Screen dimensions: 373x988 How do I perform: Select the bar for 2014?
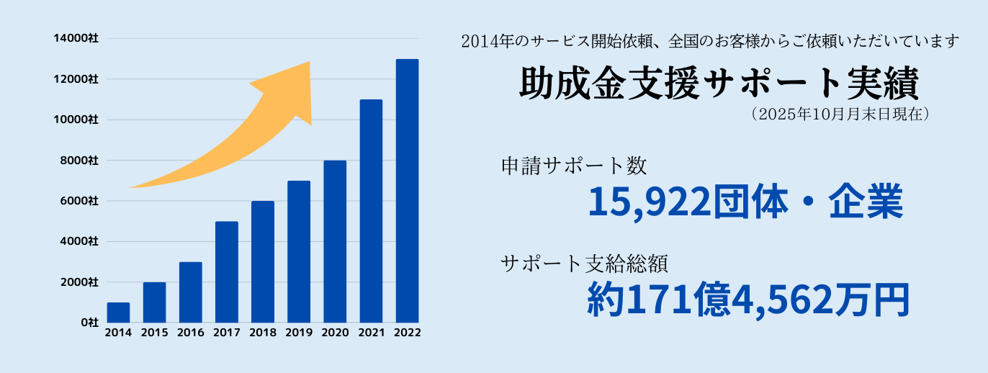118,313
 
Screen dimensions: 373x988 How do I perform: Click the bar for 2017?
226,272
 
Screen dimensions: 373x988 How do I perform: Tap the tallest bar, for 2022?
407,191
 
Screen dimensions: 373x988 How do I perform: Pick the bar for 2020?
335,241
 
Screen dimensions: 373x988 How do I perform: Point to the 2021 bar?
371,211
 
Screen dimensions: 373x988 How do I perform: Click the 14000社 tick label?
76,38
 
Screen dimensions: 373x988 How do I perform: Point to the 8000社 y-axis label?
78,160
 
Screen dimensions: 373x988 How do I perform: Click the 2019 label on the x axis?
299,333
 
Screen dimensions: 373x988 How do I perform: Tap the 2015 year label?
154,333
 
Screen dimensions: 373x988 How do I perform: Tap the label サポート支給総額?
585,264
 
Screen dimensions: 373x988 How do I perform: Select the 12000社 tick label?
76,78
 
